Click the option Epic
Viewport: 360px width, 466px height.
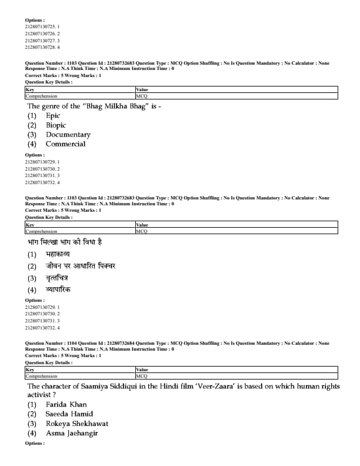(53, 116)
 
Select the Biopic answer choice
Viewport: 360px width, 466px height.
(56, 125)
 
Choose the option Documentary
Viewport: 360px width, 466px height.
(68, 135)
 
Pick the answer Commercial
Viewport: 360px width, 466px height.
(65, 144)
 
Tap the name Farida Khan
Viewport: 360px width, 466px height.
(66, 405)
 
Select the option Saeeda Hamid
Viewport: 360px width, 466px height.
(69, 414)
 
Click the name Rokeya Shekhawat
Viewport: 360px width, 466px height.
(76, 424)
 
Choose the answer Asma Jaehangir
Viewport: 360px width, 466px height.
(72, 434)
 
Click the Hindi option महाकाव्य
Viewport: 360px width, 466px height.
(58, 254)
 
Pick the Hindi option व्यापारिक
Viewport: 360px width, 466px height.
(58, 289)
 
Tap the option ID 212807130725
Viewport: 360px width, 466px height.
(40, 27)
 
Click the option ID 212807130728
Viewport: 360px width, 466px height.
(40, 47)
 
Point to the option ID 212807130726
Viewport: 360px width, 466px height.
(40, 34)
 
